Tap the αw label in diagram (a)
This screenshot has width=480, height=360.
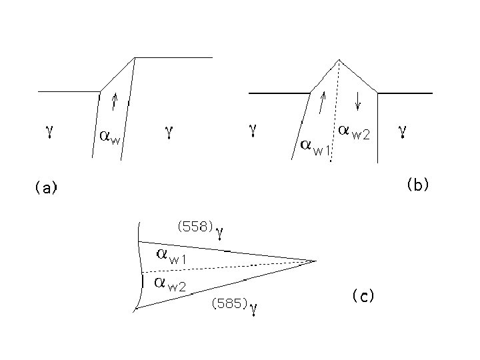click(109, 137)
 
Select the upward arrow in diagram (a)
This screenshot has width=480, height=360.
click(115, 100)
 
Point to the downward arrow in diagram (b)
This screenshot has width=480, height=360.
click(359, 100)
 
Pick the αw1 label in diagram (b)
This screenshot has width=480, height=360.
click(315, 146)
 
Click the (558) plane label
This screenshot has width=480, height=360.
click(194, 226)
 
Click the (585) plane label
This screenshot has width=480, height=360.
click(229, 303)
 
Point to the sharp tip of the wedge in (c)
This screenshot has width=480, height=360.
click(315, 261)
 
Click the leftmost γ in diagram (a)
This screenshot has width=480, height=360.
click(49, 133)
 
